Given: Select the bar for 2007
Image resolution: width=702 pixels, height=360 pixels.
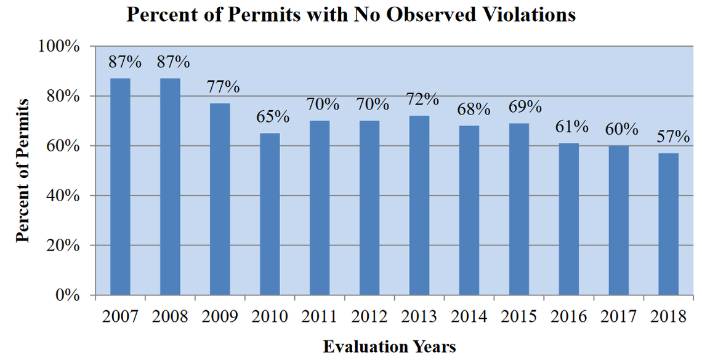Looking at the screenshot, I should tap(120, 186).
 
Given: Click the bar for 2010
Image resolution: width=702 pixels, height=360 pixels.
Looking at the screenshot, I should tap(270, 214).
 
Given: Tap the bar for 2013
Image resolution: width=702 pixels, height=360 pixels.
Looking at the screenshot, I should tap(419, 205).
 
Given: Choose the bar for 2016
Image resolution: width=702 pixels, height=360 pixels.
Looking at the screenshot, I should tap(569, 219).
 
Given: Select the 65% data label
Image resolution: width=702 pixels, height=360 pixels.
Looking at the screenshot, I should tap(272, 116).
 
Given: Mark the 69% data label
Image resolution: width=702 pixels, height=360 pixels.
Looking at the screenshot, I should tap(525, 106).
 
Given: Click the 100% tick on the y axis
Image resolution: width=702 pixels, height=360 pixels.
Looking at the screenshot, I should tap(60, 47).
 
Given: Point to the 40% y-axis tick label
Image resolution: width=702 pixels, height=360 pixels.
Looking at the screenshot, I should tap(64, 196).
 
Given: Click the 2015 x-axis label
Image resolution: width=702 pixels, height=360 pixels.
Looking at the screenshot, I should tap(519, 316).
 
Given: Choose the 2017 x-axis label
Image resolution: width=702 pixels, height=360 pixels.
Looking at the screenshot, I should tap(619, 316).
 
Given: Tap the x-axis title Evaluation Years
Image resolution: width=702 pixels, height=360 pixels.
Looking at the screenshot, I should tap(389, 346).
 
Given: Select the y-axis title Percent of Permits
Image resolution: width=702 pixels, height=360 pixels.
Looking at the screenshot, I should tap(22, 170).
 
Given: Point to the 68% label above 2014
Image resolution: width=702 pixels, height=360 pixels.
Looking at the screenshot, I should tap(474, 110).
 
